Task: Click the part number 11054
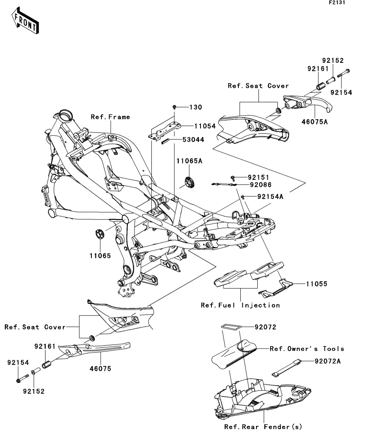(205, 126)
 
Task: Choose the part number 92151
(258, 177)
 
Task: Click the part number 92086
(260, 185)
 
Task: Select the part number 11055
(316, 284)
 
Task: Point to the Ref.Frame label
(110, 117)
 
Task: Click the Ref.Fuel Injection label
(240, 305)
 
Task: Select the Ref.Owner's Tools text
(307, 349)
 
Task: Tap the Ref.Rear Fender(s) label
(263, 427)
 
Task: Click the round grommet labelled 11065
(99, 234)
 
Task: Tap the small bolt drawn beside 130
(175, 107)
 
